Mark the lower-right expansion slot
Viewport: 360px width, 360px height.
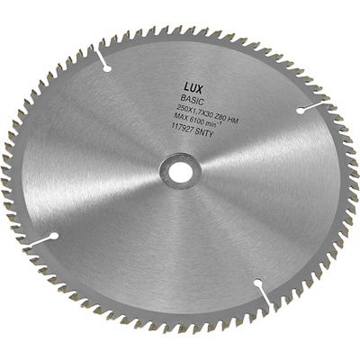coord(258,291)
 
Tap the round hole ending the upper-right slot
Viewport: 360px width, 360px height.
coord(299,110)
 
